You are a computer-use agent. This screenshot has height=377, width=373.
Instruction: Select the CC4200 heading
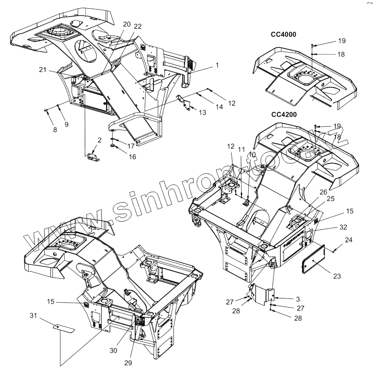[x=284, y=115]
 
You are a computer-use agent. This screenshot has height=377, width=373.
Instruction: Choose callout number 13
[x=202, y=112]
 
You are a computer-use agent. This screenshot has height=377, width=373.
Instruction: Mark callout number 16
[x=132, y=157]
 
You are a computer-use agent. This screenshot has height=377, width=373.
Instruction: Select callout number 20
[x=127, y=24]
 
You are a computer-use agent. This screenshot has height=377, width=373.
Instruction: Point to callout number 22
[x=138, y=26]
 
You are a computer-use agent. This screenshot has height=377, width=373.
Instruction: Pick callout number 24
[x=349, y=239]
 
